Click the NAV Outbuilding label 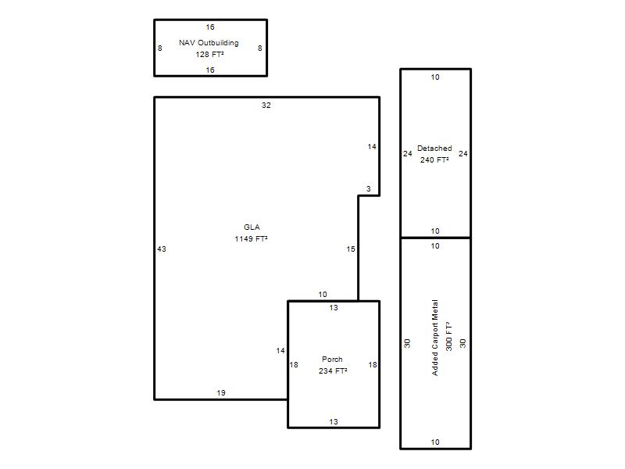point(209,43)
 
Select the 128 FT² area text point(209,54)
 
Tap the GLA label point(252,227)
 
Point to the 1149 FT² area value point(251,239)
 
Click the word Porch point(332,359)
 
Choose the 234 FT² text point(333,371)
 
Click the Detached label point(434,148)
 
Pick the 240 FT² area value point(434,160)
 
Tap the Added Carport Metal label point(435,338)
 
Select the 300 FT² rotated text point(448,336)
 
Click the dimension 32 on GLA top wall point(266,106)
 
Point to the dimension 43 point(162,249)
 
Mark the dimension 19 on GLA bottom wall point(221,393)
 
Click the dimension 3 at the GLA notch point(369,188)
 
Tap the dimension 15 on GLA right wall point(351,249)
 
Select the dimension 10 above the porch point(323,295)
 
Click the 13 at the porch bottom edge point(334,421)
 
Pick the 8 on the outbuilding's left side point(160,48)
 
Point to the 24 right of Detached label point(462,153)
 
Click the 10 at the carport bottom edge point(435,442)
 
